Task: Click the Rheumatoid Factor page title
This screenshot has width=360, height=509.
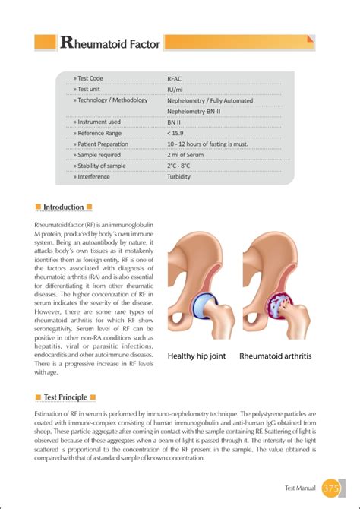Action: pos(110,43)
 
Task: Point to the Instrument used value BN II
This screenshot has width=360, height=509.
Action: pos(175,122)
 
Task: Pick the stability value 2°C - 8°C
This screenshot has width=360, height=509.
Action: pos(179,166)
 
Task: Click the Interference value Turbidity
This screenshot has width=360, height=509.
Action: pos(179,177)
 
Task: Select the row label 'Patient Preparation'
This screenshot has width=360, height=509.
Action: pos(101,144)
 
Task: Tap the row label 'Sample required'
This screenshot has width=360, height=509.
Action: pos(97,154)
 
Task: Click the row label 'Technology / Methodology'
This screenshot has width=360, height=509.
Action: pos(110,100)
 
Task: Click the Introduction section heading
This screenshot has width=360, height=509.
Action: pos(64,207)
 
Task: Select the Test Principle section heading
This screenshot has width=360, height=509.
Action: pos(65,397)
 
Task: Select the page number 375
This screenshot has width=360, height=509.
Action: pos(331,487)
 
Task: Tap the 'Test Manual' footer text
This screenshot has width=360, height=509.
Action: pos(300,488)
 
